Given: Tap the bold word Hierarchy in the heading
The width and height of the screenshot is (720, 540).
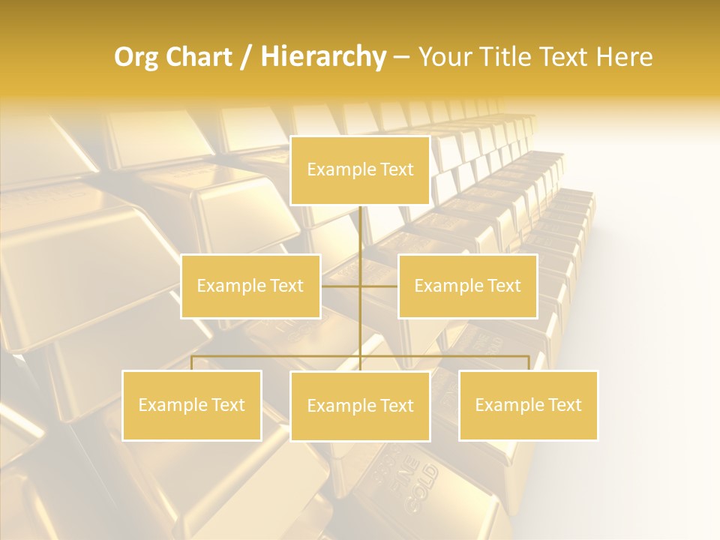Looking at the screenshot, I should click(x=322, y=57).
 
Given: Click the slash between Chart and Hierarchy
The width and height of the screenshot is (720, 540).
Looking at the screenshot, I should click(x=245, y=57).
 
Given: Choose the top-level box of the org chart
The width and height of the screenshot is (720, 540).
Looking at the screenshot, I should click(x=360, y=170).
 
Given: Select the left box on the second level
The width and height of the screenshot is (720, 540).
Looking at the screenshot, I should click(x=250, y=286).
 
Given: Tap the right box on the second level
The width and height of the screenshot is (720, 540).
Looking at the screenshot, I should click(x=467, y=286).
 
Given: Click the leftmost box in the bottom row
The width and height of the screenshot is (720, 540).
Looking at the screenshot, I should click(x=192, y=405).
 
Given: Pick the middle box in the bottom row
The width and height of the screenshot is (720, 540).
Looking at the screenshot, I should click(x=360, y=406).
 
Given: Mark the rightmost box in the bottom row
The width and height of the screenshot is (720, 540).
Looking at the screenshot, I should click(x=528, y=405).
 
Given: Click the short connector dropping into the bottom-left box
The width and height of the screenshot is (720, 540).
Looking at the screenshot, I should click(x=192, y=363).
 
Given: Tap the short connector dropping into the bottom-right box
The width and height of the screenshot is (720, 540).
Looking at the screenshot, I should click(x=528, y=363).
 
